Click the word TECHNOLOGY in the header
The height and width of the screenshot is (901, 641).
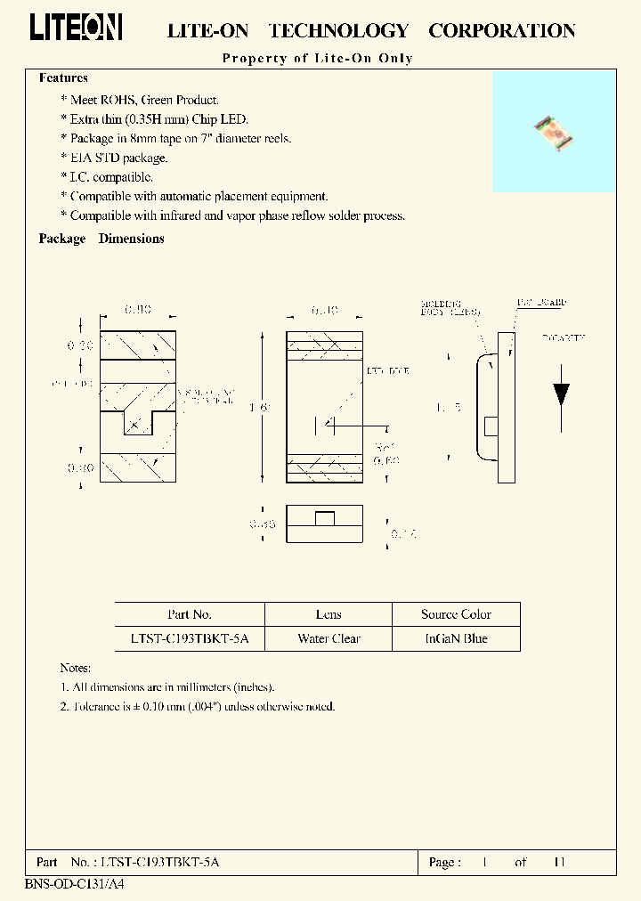(338, 31)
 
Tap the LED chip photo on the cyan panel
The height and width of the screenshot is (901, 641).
(553, 134)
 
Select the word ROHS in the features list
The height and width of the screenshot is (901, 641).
(120, 101)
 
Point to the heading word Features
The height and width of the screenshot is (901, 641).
(63, 78)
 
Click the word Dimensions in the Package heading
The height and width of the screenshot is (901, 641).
(131, 239)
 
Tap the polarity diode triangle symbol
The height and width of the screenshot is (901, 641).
(561, 394)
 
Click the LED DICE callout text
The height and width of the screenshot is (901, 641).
(387, 369)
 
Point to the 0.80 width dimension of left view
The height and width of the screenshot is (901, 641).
(137, 309)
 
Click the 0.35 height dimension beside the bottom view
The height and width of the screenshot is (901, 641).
(262, 524)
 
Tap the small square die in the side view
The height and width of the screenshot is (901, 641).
(490, 426)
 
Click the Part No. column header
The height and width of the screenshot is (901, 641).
(190, 614)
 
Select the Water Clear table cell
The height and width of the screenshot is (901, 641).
(329, 638)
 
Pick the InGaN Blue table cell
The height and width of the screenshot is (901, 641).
(456, 638)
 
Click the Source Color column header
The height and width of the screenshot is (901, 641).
(456, 614)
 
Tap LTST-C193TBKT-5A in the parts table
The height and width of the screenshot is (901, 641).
(190, 638)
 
